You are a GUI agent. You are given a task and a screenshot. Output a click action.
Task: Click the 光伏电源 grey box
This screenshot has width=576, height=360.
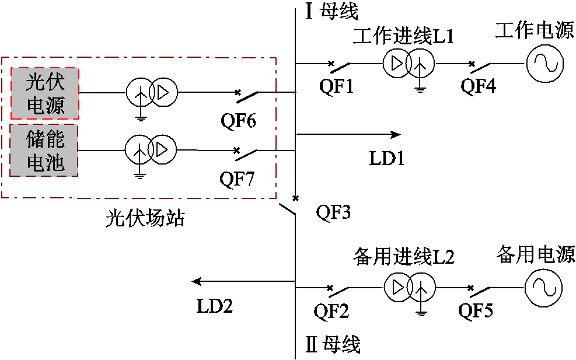[x=46, y=93]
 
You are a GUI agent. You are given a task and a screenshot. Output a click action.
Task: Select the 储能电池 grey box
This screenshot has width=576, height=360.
[x=45, y=150]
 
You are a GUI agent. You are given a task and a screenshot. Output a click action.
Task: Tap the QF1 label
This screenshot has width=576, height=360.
[x=337, y=86]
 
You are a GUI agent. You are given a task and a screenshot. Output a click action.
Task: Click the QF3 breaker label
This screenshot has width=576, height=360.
[x=333, y=212]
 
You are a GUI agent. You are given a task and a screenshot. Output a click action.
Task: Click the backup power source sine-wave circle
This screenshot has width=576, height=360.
[x=543, y=288]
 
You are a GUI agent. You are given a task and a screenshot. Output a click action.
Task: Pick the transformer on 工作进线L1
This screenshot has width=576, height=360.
[x=408, y=64]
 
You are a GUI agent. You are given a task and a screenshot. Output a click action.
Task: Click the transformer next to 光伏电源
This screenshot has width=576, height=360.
[x=151, y=92]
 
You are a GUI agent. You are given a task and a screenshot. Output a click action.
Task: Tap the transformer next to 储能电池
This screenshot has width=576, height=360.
[x=150, y=150]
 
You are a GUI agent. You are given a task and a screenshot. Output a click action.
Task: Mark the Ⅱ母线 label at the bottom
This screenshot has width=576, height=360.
[x=333, y=344]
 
